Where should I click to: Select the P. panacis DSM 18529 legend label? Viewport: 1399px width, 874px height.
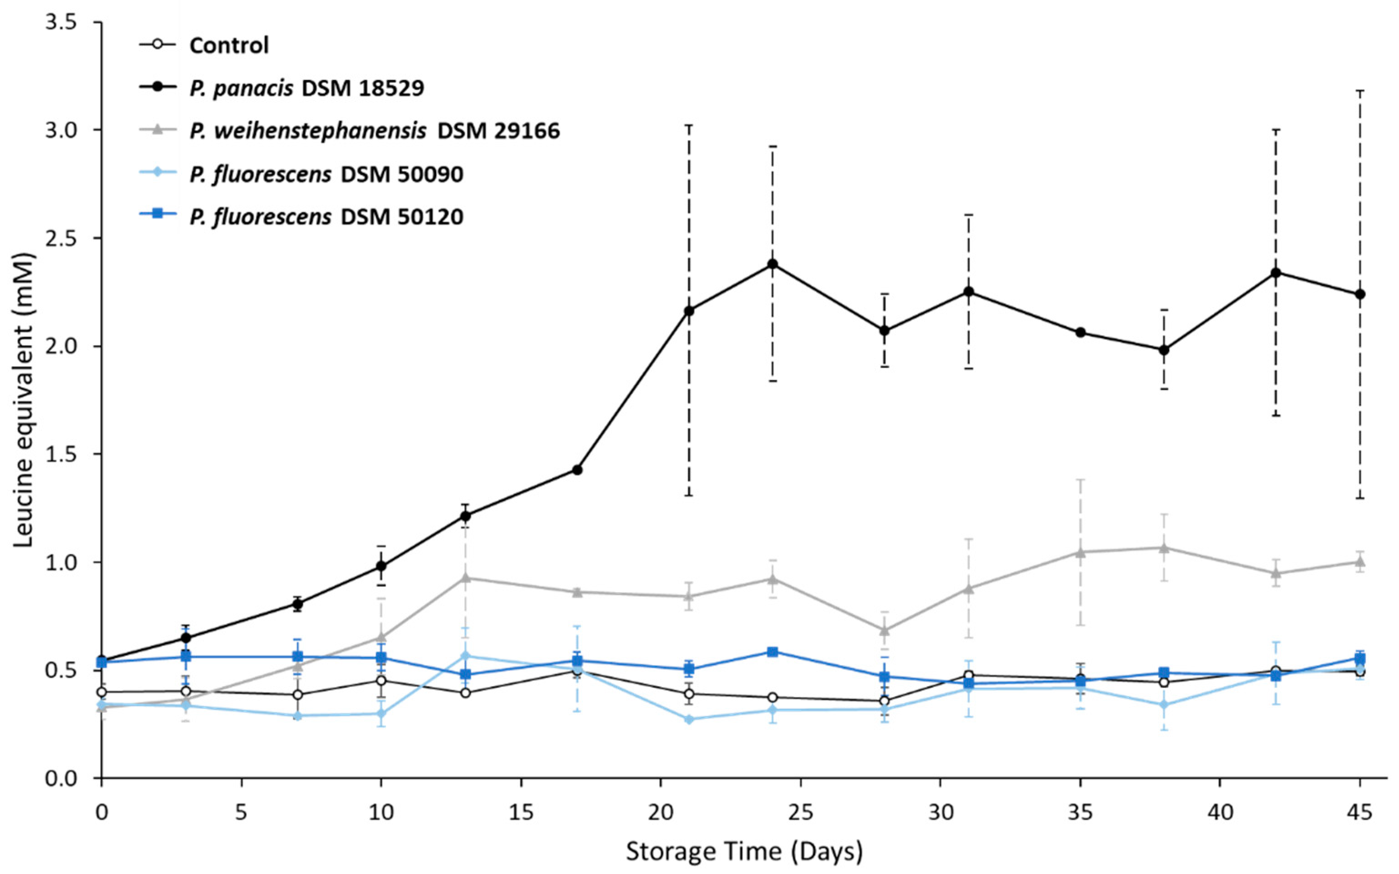click(x=306, y=88)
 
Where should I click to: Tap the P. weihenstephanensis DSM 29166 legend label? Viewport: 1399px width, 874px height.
click(x=374, y=131)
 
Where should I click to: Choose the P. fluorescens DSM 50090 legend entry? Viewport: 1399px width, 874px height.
click(x=326, y=174)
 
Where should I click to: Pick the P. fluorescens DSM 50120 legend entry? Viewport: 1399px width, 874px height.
click(x=326, y=217)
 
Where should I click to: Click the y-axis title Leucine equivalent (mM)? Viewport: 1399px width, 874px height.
click(x=24, y=401)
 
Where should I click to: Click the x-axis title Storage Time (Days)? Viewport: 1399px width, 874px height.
click(x=744, y=851)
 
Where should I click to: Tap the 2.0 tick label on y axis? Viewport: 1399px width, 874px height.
click(x=62, y=346)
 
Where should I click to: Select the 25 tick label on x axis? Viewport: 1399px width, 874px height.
click(x=800, y=812)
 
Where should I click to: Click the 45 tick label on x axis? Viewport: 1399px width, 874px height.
click(x=1360, y=812)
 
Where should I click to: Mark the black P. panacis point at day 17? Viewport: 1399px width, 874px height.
click(x=577, y=470)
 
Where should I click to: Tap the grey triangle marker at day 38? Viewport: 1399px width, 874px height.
click(x=1164, y=547)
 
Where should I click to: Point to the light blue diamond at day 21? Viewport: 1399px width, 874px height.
click(x=689, y=719)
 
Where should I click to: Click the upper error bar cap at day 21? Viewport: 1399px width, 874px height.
click(x=689, y=125)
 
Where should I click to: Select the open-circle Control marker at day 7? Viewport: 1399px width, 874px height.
click(x=297, y=695)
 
